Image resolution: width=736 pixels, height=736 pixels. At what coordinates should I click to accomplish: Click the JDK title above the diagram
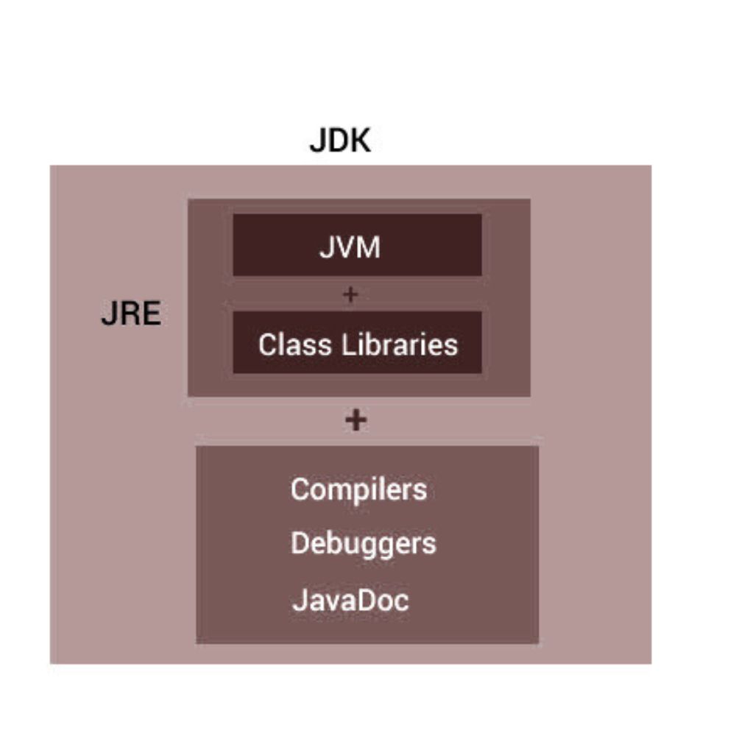point(340,140)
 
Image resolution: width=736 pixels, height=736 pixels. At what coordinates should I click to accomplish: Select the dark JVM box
point(358,245)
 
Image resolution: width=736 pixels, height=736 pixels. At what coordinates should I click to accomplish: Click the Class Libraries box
point(358,343)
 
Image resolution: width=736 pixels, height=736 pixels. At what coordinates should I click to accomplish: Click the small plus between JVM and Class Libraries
point(350,294)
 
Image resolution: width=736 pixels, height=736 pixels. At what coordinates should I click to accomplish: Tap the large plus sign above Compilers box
point(355,420)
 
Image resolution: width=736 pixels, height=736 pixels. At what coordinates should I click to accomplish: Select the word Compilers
point(358,489)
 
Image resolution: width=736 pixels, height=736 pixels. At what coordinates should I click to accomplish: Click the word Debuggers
point(363,544)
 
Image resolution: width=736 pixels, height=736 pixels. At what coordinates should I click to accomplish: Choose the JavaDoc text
point(350,600)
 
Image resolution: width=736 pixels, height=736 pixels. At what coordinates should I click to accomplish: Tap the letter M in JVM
point(367,248)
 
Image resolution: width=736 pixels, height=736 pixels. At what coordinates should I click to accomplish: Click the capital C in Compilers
point(300,489)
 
